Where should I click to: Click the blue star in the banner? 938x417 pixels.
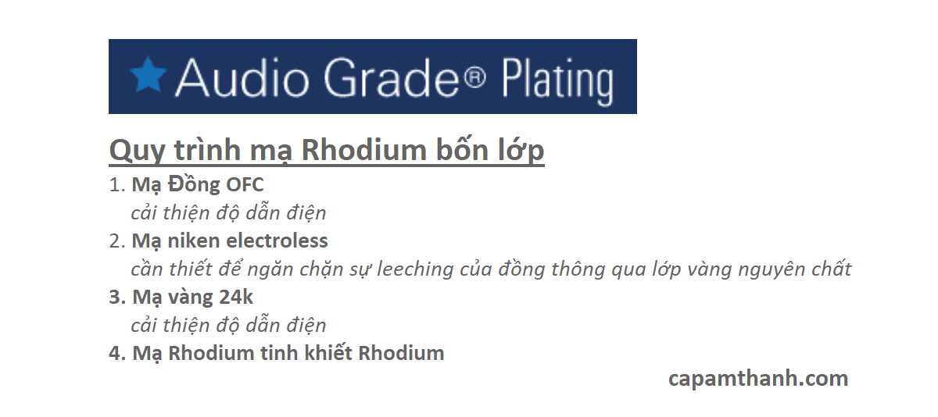tap(149, 75)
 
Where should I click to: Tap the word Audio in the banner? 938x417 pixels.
tap(242, 78)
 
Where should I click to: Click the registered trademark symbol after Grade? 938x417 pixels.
tap(475, 78)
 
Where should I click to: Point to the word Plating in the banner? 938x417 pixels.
tap(558, 81)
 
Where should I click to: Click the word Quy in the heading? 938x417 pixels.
tap(137, 151)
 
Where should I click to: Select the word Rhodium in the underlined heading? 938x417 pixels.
tap(363, 149)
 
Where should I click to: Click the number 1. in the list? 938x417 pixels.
tap(117, 185)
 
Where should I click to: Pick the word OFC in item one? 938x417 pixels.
tap(245, 185)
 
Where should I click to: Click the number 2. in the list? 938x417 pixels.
tap(117, 241)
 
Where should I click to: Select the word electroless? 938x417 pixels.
tap(277, 241)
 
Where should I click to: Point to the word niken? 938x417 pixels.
tap(193, 241)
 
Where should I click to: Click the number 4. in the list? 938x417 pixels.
tap(118, 353)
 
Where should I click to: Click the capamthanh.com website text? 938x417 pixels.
tap(758, 379)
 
